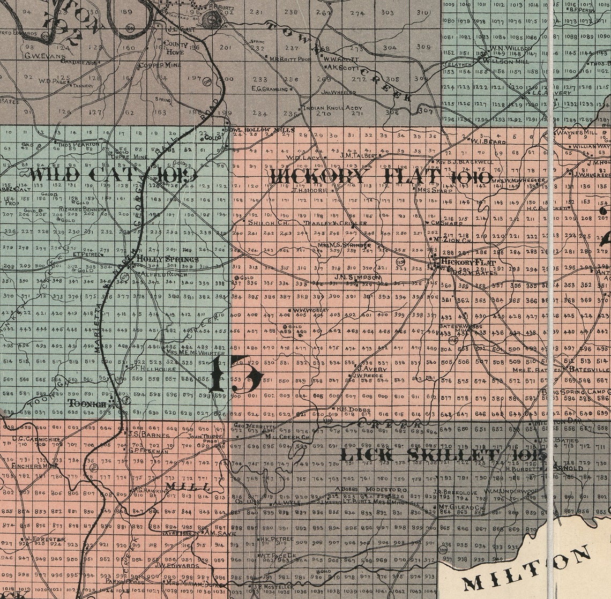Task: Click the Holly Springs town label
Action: pyautogui.click(x=167, y=259)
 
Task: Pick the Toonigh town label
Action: pyautogui.click(x=87, y=403)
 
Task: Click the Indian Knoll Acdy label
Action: pyautogui.click(x=332, y=108)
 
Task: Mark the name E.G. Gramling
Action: pyautogui.click(x=270, y=88)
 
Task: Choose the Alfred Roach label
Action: pyautogui.click(x=156, y=274)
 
